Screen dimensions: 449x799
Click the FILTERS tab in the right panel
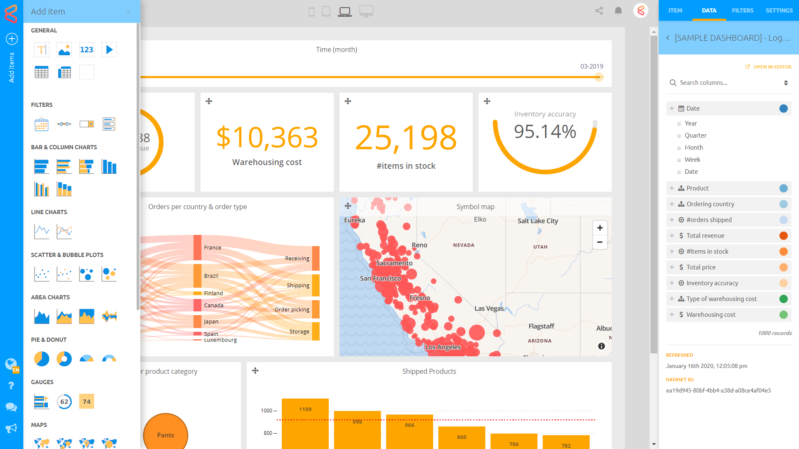(742, 10)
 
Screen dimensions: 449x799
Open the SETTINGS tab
(779, 10)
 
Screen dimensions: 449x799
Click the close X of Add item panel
(129, 12)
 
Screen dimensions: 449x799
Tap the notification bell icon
(618, 11)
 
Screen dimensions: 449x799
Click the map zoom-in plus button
(600, 228)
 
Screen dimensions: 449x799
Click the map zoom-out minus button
(600, 242)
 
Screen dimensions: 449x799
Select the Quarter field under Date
(695, 136)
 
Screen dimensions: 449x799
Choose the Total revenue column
(705, 236)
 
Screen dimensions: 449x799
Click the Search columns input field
(728, 83)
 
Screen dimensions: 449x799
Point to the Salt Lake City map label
(538, 221)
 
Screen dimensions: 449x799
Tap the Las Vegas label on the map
(489, 308)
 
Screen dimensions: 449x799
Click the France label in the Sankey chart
(213, 248)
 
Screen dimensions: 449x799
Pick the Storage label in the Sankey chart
(299, 332)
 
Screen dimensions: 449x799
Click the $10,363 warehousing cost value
(267, 138)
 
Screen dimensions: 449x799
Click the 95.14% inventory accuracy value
(545, 132)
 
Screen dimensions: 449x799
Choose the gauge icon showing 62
(64, 402)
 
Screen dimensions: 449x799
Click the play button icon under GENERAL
(109, 50)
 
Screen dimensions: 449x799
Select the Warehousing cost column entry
(711, 315)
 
